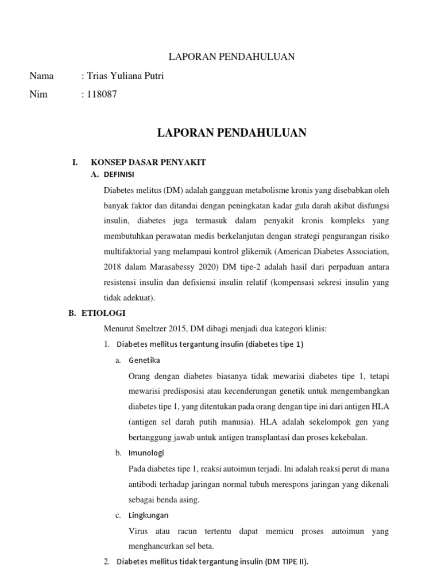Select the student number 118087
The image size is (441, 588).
[x=102, y=95]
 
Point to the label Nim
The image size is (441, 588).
[x=38, y=95]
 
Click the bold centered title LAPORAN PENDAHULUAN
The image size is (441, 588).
[x=232, y=133]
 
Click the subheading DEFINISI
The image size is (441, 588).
[x=119, y=175]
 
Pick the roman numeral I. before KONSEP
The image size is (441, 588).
[x=75, y=163]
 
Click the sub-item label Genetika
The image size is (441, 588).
[x=145, y=360]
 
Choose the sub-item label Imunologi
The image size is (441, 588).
[x=146, y=453]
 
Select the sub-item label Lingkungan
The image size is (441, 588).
[x=149, y=515]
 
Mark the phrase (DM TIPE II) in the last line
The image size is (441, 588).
[x=285, y=562]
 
